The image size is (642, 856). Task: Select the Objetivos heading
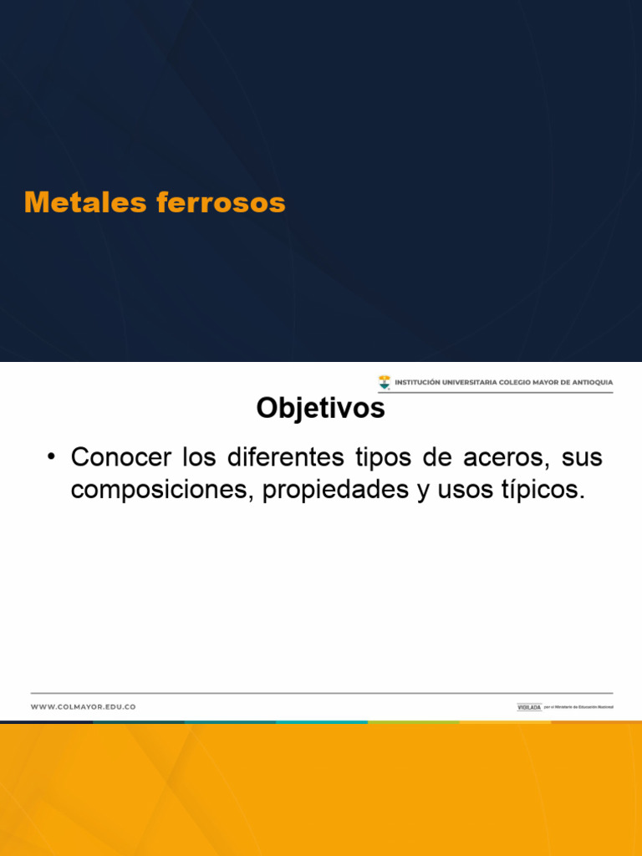(x=320, y=408)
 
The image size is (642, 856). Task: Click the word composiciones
(x=159, y=491)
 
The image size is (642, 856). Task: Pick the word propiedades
(x=335, y=491)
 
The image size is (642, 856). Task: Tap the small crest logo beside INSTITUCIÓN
(x=384, y=383)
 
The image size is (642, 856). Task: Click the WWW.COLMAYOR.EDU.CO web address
(x=83, y=707)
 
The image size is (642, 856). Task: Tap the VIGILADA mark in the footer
(x=528, y=707)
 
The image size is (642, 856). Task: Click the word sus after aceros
(x=582, y=458)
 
